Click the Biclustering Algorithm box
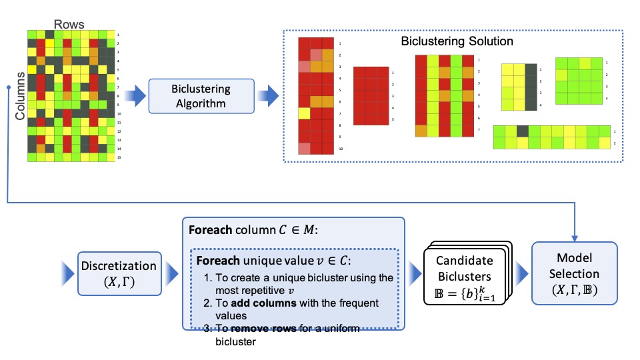[202, 95]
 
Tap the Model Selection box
[574, 273]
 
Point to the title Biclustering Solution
[457, 41]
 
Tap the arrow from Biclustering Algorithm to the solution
[270, 95]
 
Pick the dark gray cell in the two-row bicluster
[523, 131]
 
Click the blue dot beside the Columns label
[7, 87]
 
